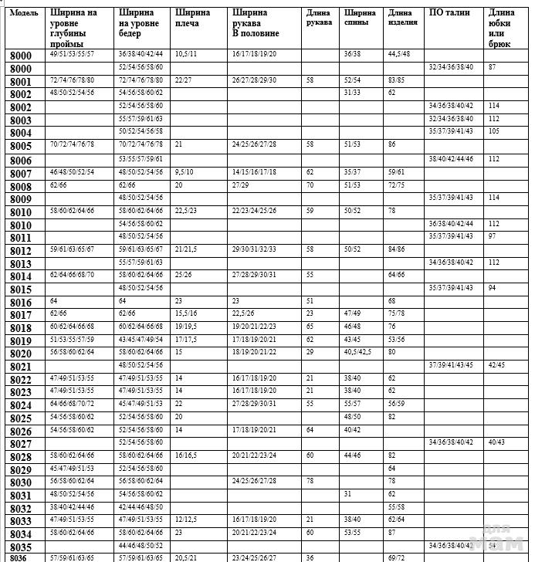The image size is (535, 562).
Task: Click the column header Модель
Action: [x=24, y=13]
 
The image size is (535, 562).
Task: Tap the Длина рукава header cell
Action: [x=320, y=18]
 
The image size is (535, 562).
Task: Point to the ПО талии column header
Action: [x=449, y=13]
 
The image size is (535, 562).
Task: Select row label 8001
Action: [x=22, y=82]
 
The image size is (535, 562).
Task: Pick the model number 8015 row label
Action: [x=22, y=289]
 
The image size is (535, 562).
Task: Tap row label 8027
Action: [x=22, y=444]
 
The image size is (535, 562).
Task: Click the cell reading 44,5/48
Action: [x=399, y=53]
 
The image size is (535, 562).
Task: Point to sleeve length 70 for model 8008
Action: [x=310, y=185]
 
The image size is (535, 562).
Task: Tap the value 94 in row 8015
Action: [x=492, y=287]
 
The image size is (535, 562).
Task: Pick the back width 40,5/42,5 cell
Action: [x=357, y=352]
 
